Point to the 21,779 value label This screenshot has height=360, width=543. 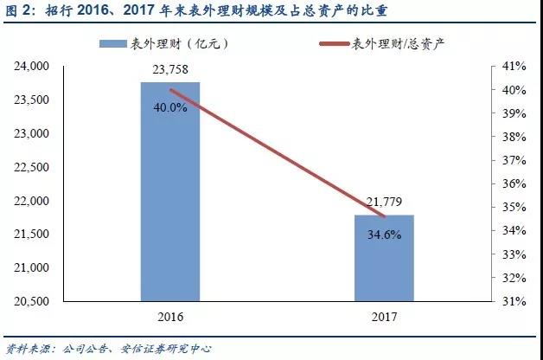[x=385, y=202]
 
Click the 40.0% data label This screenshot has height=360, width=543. [x=170, y=108]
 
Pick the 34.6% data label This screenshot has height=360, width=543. [x=385, y=235]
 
